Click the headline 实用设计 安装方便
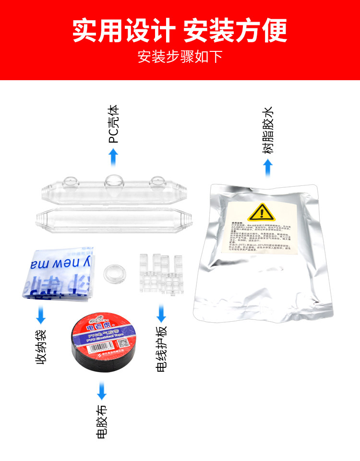[x=180, y=30]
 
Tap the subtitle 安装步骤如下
[x=180, y=57]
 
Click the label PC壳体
[x=113, y=125]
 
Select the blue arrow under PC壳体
[x=113, y=157]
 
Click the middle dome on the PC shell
[x=113, y=182]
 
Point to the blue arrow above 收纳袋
[x=41, y=316]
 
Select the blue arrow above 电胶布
[x=102, y=391]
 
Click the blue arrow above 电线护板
[x=161, y=315]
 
